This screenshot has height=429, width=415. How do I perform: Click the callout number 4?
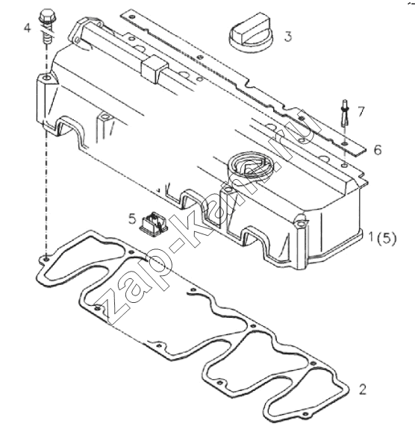(28, 28)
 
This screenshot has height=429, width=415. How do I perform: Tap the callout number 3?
(288, 37)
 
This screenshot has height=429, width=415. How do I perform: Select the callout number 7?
(361, 112)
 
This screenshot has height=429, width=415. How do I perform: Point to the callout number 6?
(378, 150)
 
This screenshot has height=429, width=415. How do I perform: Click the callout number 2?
(362, 389)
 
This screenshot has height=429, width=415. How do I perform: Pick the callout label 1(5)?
(382, 238)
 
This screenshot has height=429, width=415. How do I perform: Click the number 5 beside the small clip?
(132, 219)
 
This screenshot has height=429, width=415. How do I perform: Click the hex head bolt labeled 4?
(46, 27)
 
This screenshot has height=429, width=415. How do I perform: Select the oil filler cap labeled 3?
(249, 32)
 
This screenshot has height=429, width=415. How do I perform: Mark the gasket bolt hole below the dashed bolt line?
(46, 258)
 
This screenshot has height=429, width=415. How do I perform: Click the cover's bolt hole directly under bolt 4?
(47, 78)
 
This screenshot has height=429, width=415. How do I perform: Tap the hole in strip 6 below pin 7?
(345, 144)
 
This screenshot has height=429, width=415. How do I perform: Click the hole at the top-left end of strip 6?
(133, 16)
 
